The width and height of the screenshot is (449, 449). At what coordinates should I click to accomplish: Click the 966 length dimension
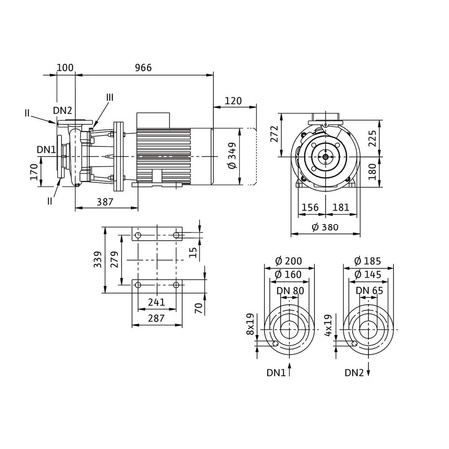click(143, 67)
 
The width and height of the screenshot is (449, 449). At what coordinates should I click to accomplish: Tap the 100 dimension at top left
click(65, 67)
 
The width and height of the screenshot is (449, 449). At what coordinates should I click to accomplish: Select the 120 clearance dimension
click(233, 101)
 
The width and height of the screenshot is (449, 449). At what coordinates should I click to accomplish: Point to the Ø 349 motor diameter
click(232, 156)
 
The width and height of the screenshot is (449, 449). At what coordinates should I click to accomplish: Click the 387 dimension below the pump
click(105, 202)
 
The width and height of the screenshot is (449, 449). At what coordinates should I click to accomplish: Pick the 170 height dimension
click(34, 172)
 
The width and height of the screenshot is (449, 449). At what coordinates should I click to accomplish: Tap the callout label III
click(110, 97)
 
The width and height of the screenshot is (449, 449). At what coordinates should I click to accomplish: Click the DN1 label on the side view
click(46, 150)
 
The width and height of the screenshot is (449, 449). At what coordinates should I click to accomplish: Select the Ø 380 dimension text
click(325, 227)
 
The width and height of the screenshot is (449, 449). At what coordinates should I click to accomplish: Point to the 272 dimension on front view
click(274, 134)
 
